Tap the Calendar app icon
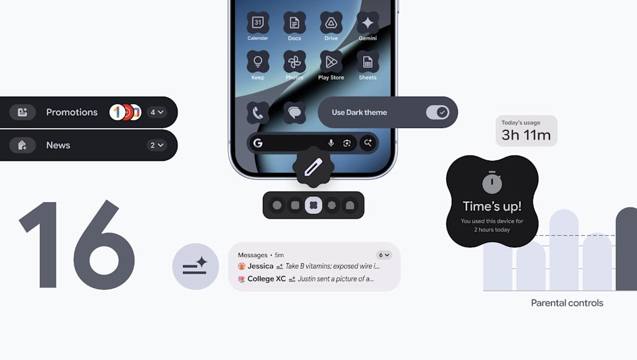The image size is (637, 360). pos(257,23)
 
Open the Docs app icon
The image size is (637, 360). pos(294,23)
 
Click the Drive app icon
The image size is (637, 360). pos(331,23)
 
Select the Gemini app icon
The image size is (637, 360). pos(367,23)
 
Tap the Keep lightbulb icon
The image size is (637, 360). pos(257,62)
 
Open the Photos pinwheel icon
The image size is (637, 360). pos(294,62)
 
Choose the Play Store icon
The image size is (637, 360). pos(331,62)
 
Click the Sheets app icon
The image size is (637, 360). pos(367,62)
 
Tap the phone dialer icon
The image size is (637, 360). pos(258,113)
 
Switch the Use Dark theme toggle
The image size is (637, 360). pos(437,112)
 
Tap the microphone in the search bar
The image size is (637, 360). pos(331,143)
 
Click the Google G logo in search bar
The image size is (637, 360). pos(258,143)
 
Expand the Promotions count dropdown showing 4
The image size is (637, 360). pos(157,112)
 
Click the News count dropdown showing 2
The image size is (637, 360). pos(157,145)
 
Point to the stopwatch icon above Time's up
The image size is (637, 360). pos(492,183)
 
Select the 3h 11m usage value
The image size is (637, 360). pos(526,135)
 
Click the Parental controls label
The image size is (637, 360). pos(567,303)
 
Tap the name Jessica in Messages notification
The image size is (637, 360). pos(260,266)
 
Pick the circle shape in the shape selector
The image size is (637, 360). pos(277,205)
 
